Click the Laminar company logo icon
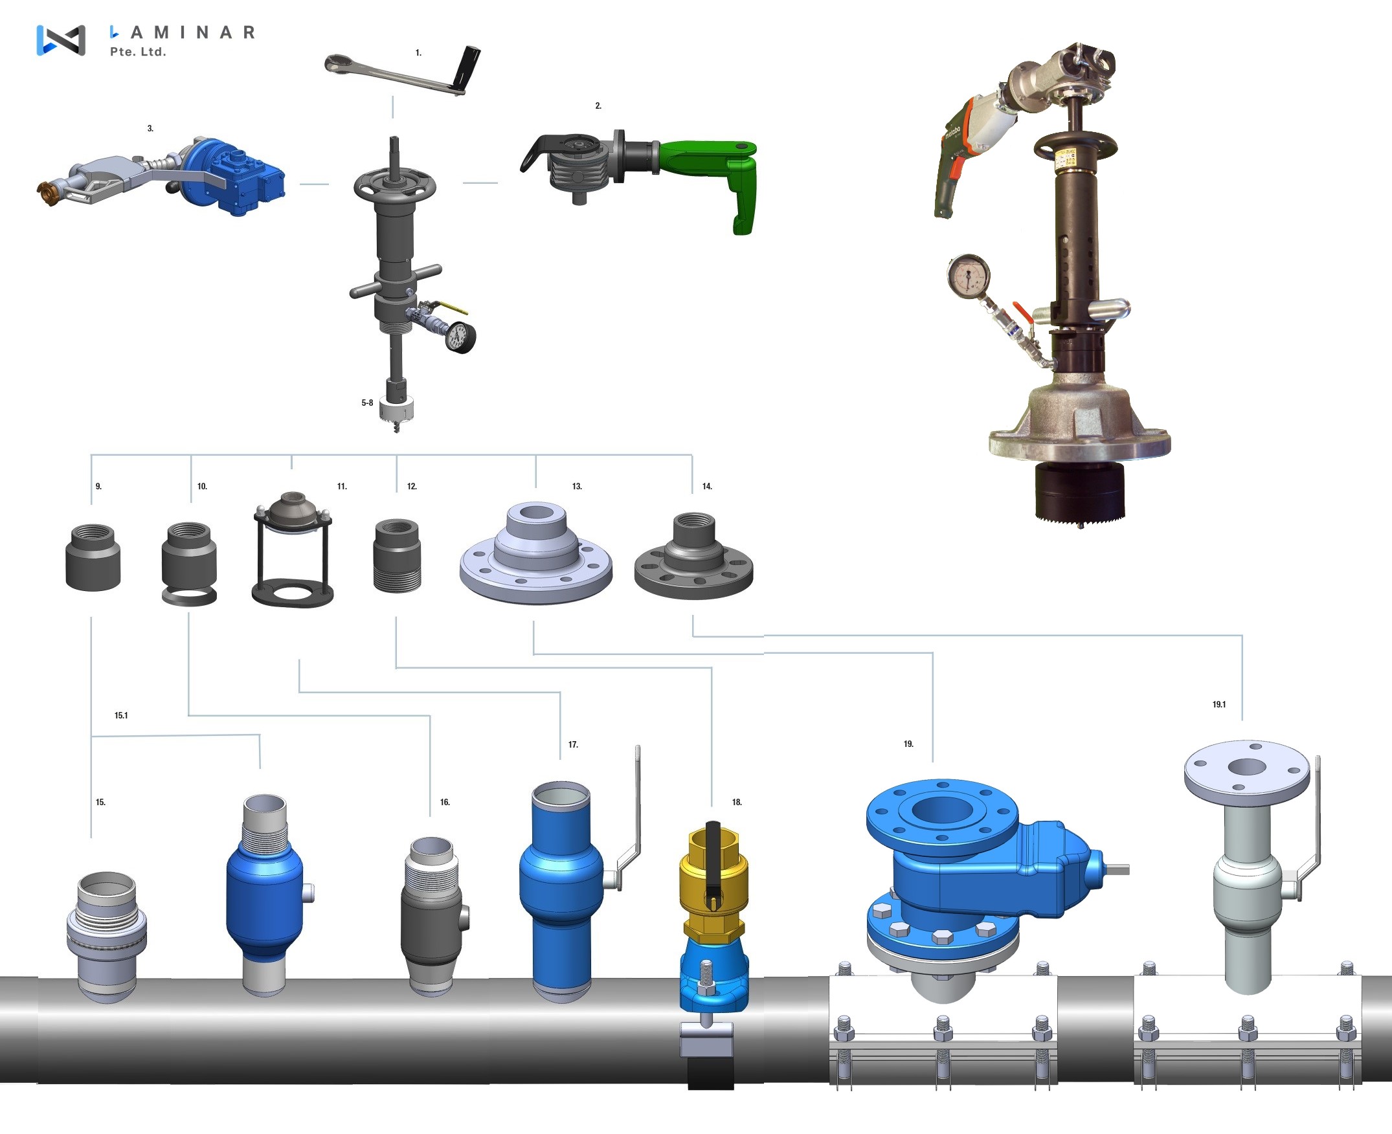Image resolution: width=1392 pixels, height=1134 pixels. tap(61, 41)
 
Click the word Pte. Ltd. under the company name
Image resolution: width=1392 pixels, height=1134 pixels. tap(138, 52)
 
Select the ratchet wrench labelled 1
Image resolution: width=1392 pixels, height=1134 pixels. tap(403, 71)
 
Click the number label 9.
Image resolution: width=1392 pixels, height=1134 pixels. tap(98, 487)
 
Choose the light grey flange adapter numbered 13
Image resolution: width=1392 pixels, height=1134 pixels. tap(536, 553)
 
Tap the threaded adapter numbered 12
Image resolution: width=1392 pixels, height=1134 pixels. tap(398, 555)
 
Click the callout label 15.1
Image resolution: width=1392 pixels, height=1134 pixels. tap(122, 715)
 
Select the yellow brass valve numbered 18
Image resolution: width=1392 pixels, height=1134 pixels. tap(713, 882)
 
